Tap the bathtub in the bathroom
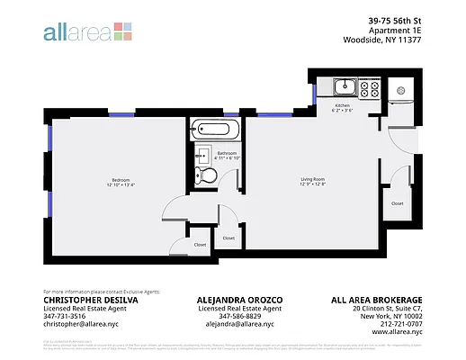(216, 130)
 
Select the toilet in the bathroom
(207, 175)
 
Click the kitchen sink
(344, 88)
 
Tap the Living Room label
(312, 180)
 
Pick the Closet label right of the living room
(397, 203)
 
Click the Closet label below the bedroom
(200, 244)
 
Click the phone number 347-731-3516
(66, 316)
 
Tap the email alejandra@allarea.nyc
(232, 324)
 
